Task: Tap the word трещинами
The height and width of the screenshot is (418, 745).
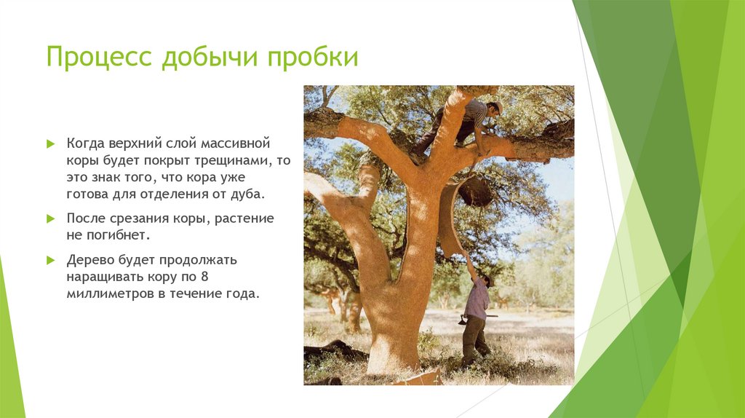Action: (239, 159)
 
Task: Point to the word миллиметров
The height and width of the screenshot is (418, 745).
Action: (103, 295)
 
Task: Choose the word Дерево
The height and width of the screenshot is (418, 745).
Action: (90, 260)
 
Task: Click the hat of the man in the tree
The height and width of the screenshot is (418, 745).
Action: (497, 106)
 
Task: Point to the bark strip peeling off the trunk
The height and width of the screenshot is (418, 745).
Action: (451, 218)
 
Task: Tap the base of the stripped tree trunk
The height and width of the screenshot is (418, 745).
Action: (393, 357)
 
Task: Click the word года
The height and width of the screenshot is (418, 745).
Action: (243, 295)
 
